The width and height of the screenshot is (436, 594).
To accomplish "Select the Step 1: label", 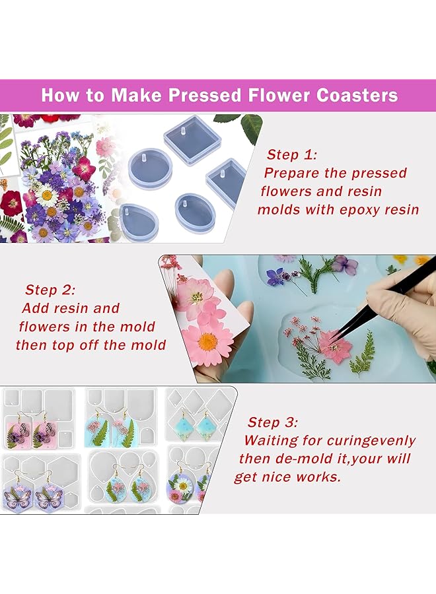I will pyautogui.click(x=292, y=155).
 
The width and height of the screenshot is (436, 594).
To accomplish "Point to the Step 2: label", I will pyautogui.click(x=50, y=290).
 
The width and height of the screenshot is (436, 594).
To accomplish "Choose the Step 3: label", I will pyautogui.click(x=273, y=422).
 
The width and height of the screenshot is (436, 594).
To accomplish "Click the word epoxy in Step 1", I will pyautogui.click(x=356, y=210).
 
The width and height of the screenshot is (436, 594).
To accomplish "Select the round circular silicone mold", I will pyautogui.click(x=150, y=168).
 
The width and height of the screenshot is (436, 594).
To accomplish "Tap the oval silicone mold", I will pyautogui.click(x=194, y=211).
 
